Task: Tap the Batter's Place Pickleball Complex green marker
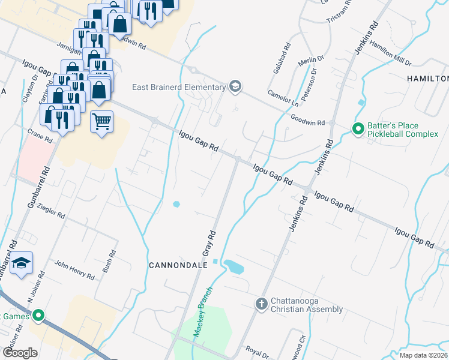click(x=358, y=129)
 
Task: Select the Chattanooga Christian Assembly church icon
click(x=261, y=304)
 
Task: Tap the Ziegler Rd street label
click(x=50, y=211)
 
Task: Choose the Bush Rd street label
click(x=109, y=262)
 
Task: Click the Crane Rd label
click(x=40, y=136)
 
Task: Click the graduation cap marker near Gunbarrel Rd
click(x=21, y=263)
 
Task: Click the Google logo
click(x=20, y=353)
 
